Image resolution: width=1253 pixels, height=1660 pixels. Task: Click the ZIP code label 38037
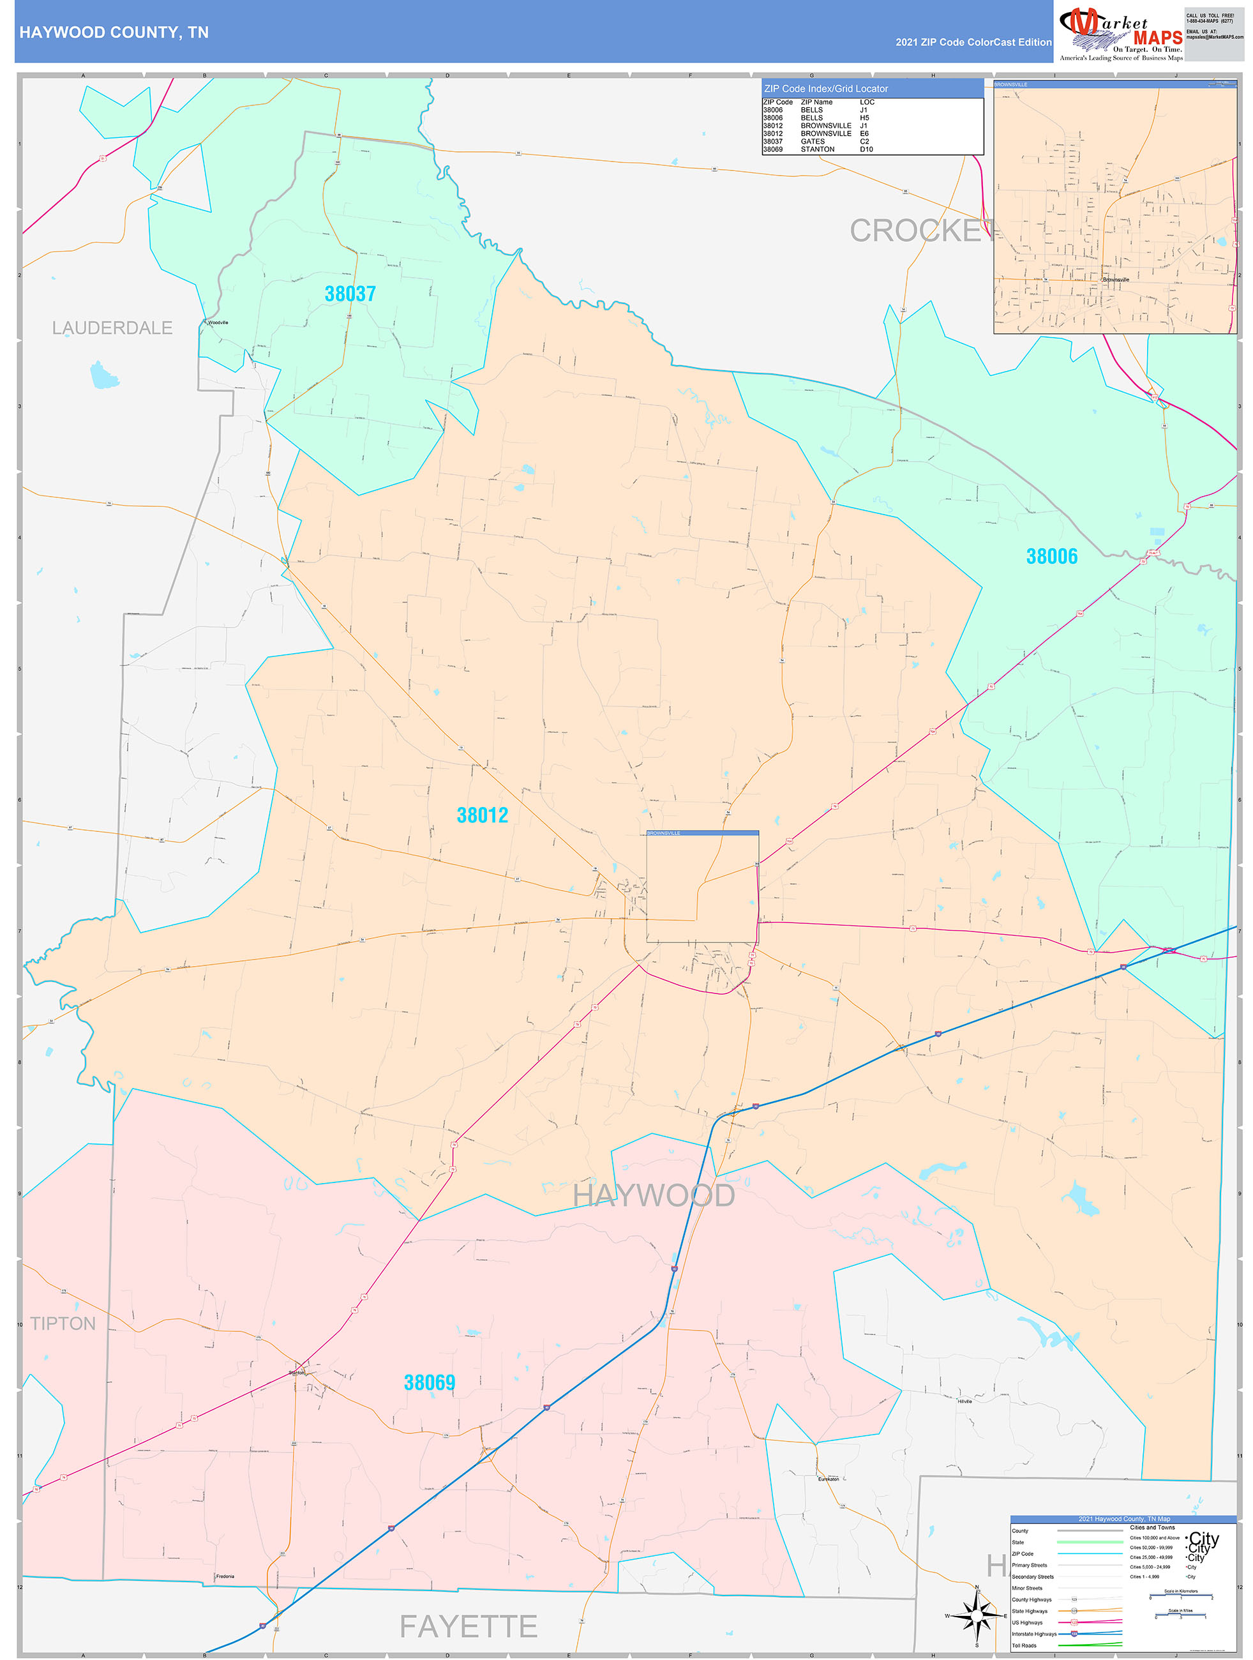tap(350, 294)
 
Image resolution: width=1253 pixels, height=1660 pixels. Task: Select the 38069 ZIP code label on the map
tap(429, 1382)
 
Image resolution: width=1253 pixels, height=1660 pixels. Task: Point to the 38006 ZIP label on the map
tap(1051, 556)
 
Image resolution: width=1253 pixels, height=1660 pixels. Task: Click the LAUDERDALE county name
tap(112, 328)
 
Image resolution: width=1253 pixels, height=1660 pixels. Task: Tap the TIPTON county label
tap(63, 1323)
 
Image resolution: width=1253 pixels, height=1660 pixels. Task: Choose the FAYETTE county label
tap(468, 1626)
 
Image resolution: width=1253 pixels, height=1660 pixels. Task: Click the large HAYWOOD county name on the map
tap(654, 1195)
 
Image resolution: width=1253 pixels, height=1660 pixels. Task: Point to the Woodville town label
tap(218, 322)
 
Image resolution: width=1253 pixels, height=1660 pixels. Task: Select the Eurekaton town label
tap(829, 1479)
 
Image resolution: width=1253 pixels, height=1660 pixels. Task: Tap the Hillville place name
tap(964, 1401)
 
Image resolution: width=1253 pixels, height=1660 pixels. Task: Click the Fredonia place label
tap(225, 1577)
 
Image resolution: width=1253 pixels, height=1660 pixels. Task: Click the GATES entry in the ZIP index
tap(813, 141)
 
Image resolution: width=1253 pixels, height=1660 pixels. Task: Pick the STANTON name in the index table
tap(817, 149)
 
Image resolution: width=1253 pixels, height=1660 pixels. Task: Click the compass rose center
tap(976, 1617)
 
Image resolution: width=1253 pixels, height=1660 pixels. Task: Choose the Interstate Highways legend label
tap(1034, 1634)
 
